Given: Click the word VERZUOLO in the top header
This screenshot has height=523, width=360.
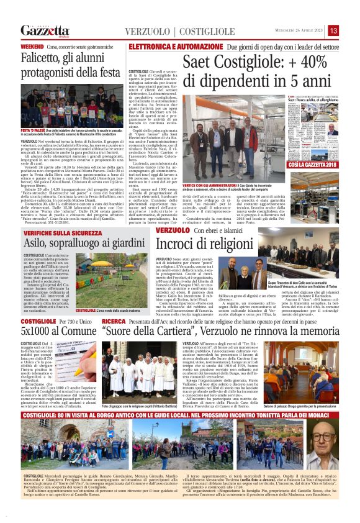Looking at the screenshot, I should pos(147,32).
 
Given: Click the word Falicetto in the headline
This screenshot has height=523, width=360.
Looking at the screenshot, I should pos(45,60).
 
